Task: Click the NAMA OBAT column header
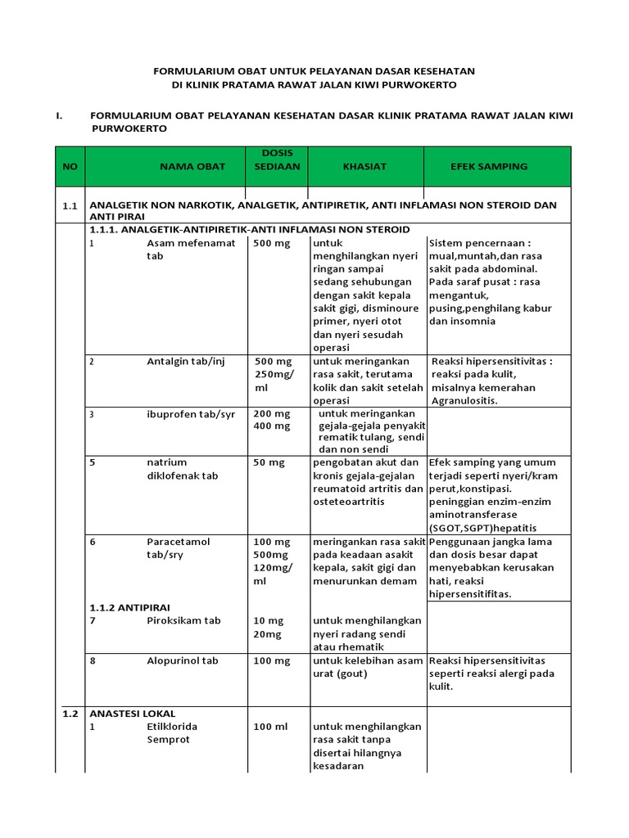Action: coord(192,166)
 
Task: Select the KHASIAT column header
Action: coord(364,166)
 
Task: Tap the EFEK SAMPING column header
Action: coord(489,166)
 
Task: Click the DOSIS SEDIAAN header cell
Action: coord(277,159)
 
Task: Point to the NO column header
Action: coord(70,166)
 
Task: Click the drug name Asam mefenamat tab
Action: coord(191,250)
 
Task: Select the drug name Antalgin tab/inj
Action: coord(185,362)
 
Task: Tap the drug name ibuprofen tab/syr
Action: coord(191,414)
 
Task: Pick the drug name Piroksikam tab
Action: coord(183,620)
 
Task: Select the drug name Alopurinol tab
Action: coord(183,660)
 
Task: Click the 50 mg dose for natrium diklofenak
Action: coord(269,462)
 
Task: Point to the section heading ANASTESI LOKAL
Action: coord(132,713)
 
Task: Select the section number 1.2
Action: coord(70,713)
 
